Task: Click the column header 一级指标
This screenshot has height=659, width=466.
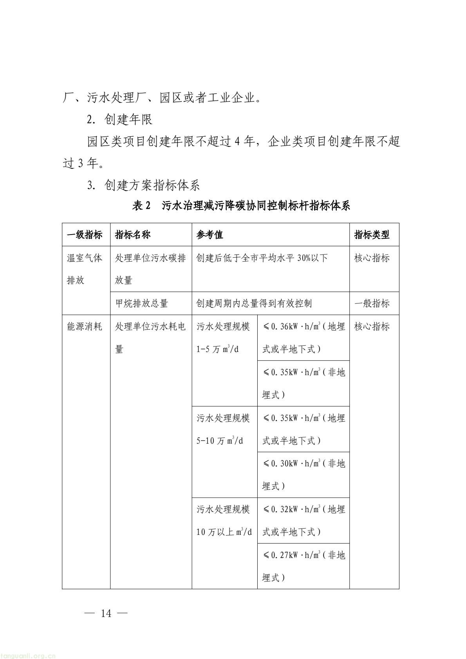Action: click(85, 235)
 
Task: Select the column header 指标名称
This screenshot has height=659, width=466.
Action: click(133, 235)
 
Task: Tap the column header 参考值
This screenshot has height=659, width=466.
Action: click(210, 235)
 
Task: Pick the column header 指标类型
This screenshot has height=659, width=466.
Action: click(372, 235)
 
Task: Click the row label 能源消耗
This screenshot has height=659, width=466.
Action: click(85, 327)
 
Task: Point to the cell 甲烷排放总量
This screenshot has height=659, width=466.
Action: click(141, 303)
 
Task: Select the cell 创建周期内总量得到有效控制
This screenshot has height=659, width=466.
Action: click(254, 303)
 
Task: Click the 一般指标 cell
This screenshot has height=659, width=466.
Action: click(372, 303)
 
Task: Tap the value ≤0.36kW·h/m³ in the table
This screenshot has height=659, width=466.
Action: click(292, 327)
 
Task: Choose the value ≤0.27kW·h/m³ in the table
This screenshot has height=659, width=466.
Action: click(292, 555)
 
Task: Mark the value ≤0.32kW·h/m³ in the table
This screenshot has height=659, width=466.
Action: click(292, 509)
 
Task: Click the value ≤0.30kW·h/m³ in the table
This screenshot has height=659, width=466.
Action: click(292, 464)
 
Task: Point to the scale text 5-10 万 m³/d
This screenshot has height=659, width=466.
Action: click(220, 441)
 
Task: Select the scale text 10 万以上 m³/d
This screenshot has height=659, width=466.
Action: click(224, 532)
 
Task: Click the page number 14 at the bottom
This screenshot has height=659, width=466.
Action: click(106, 613)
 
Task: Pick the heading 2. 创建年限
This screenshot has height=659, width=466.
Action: click(120, 120)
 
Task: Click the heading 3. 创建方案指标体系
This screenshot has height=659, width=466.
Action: click(144, 185)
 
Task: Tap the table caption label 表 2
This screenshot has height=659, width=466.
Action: click(142, 206)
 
